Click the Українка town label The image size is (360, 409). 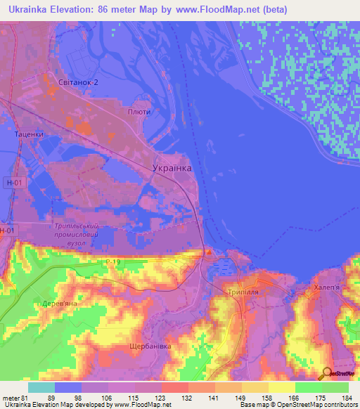[172, 168]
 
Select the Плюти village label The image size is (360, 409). [160, 112]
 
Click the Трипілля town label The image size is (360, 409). [244, 291]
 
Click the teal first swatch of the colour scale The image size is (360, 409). [41, 387]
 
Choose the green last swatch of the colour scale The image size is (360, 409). [335, 387]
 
